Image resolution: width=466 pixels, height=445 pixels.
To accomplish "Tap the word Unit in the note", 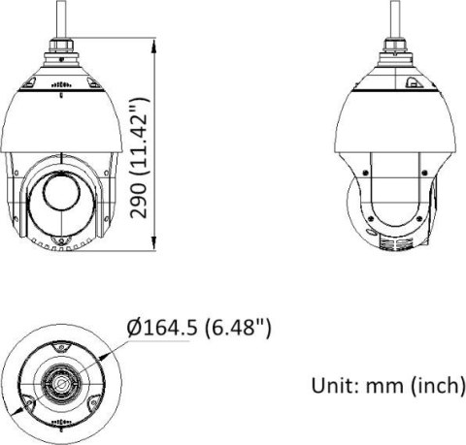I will click(333, 386).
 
